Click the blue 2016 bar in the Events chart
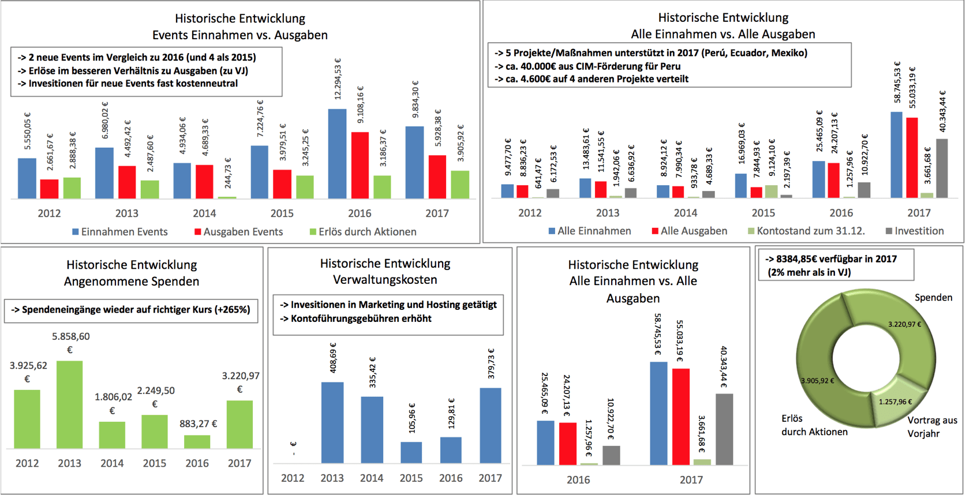pyautogui.click(x=337, y=153)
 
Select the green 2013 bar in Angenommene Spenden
pyautogui.click(x=69, y=404)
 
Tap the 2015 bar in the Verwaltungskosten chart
pyautogui.click(x=411, y=452)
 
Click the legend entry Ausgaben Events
pyautogui.click(x=238, y=232)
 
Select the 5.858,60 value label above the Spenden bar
pyautogui.click(x=70, y=336)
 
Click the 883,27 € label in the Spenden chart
pyautogui.click(x=198, y=423)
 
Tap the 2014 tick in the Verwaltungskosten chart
pyautogui.click(x=371, y=478)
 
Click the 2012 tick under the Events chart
pyautogui.click(x=49, y=213)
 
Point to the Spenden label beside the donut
pyautogui.click(x=933, y=297)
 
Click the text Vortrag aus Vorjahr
pyautogui.click(x=931, y=427)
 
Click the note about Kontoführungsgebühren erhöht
pyautogui.click(x=361, y=318)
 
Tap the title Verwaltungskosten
pyautogui.click(x=385, y=280)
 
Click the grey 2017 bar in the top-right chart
pyautogui.click(x=941, y=168)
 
